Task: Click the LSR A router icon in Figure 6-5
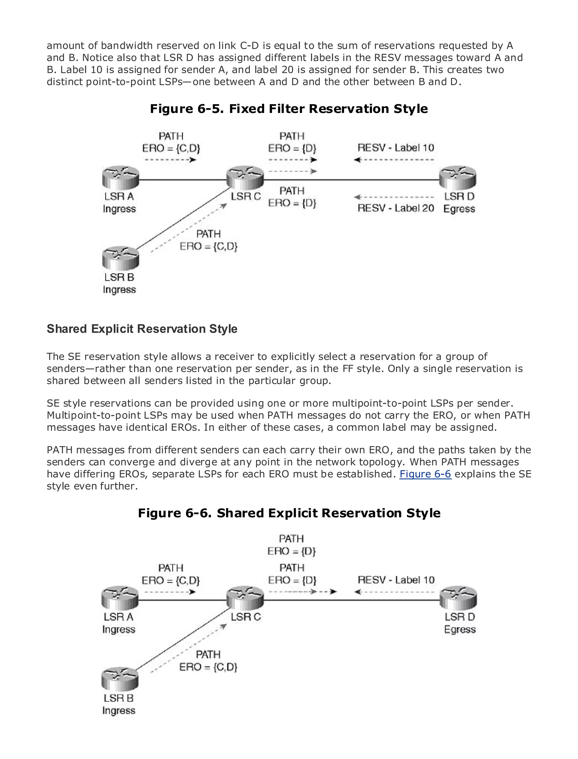coord(121,178)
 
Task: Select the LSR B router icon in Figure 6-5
coord(121,258)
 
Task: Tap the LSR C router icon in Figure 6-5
coord(245,178)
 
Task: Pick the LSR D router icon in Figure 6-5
coord(458,178)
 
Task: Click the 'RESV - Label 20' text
coord(396,208)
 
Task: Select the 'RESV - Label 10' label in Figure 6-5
coord(396,148)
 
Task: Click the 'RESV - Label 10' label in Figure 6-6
coord(396,580)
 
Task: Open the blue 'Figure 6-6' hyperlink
coord(425,474)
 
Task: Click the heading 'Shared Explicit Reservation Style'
coord(142,329)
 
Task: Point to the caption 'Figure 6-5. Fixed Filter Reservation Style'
coord(289,109)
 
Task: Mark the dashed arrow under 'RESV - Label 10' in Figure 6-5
coord(394,160)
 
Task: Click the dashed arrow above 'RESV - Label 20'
coord(394,197)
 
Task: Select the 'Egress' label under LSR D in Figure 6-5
coord(459,209)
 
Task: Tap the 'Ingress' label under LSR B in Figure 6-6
coord(119,710)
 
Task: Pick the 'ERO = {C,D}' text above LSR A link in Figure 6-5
coord(171,148)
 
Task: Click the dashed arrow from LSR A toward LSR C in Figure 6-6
coord(170,592)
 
